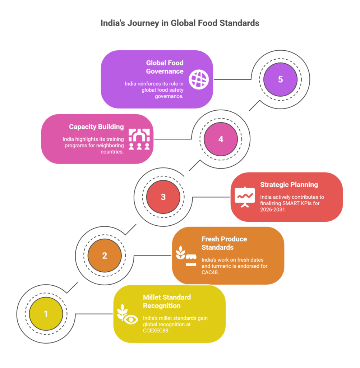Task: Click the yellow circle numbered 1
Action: pyautogui.click(x=46, y=314)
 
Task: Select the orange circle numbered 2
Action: pyautogui.click(x=105, y=256)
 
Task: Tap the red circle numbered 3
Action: pyautogui.click(x=163, y=197)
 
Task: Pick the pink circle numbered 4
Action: pyautogui.click(x=221, y=139)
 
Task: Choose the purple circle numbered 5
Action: pyautogui.click(x=280, y=79)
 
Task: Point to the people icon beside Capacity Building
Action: pyautogui.click(x=139, y=139)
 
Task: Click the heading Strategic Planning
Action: pyautogui.click(x=289, y=185)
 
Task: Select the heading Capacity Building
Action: pyautogui.click(x=96, y=127)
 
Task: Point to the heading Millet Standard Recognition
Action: pyautogui.click(x=167, y=301)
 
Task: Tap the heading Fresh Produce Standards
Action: pyautogui.click(x=224, y=243)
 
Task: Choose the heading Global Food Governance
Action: pyautogui.click(x=165, y=67)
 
